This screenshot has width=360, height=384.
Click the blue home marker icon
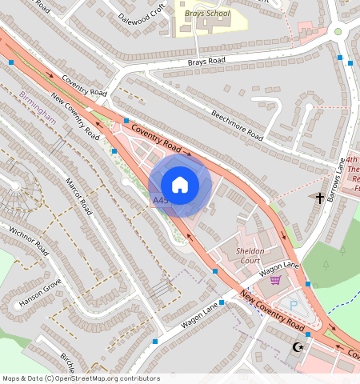pyautogui.click(x=180, y=185)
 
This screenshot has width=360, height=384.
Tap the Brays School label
pyautogui.click(x=206, y=14)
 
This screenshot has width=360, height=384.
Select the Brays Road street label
pyautogui.click(x=207, y=61)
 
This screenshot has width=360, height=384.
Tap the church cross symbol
pyautogui.click(x=320, y=197)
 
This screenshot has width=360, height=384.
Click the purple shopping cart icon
pyautogui.click(x=275, y=280)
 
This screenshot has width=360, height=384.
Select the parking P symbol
pyautogui.click(x=293, y=305)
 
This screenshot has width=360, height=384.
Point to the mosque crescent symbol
pyautogui.click(x=301, y=346)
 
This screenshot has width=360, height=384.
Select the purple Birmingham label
pyautogui.click(x=38, y=106)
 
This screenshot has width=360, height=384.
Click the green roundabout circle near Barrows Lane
pyautogui.click(x=338, y=32)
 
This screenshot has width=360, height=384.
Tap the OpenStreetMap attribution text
pyautogui.click(x=81, y=378)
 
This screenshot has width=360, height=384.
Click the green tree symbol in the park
pyautogui.click(x=342, y=250)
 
